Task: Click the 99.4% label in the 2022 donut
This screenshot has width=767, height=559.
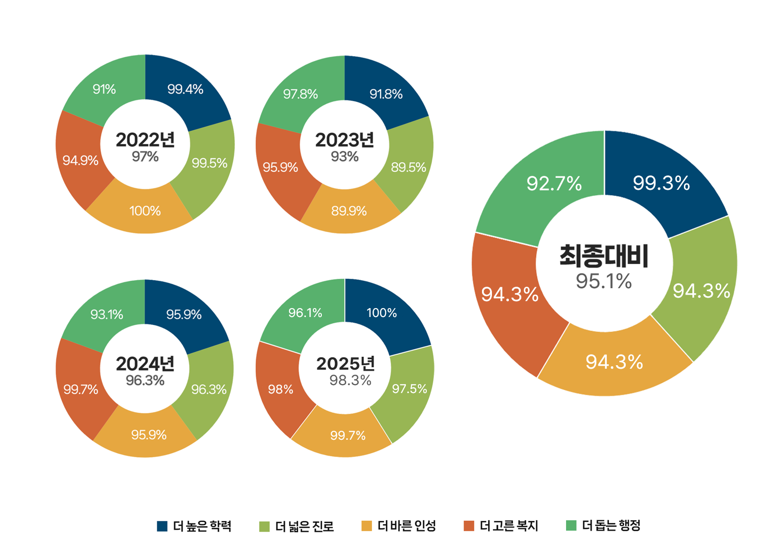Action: tap(185, 89)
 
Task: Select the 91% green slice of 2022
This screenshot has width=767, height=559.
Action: tap(104, 89)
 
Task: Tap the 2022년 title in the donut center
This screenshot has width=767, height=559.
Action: tap(145, 140)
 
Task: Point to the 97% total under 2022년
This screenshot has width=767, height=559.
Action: tap(145, 157)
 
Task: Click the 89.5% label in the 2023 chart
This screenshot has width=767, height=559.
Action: tap(408, 167)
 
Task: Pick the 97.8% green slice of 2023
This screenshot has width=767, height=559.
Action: tap(300, 94)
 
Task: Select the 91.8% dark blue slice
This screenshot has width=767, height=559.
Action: tap(386, 94)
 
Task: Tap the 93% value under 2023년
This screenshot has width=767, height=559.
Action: tap(345, 157)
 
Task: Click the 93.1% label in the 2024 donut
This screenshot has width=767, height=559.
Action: tap(106, 315)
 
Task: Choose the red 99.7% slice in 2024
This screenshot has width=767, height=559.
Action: tap(81, 390)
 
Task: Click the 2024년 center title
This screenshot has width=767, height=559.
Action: tap(145, 364)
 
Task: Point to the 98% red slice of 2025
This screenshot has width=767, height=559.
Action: tap(281, 390)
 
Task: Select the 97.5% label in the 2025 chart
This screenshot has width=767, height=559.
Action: tap(409, 389)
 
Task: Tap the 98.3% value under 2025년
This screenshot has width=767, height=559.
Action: tap(350, 381)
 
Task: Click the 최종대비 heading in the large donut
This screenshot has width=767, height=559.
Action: tap(604, 256)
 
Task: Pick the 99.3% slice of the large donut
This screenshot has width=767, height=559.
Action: tap(661, 183)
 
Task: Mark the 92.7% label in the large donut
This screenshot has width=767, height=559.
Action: tap(554, 184)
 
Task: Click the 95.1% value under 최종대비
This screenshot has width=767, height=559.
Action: tap(604, 282)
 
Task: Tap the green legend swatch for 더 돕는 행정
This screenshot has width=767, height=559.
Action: tap(572, 526)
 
